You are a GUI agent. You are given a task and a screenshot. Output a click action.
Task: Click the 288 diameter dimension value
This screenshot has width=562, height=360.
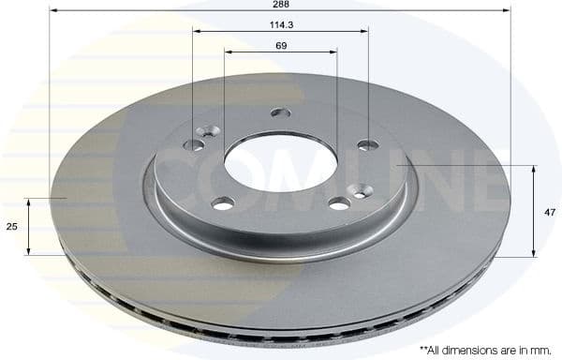(280, 5)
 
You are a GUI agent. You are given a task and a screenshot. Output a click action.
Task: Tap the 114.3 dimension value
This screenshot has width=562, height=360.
(280, 23)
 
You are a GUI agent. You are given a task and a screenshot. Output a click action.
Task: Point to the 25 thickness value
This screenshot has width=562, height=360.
(11, 227)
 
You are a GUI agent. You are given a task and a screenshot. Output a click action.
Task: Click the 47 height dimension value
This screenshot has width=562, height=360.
(550, 212)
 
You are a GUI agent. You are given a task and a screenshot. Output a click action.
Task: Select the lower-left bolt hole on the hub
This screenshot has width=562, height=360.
(223, 203)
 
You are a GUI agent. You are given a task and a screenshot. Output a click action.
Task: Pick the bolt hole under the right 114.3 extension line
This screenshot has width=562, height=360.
(368, 145)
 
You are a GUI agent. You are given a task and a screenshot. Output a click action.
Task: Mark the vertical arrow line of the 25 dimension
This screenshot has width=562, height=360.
(29, 227)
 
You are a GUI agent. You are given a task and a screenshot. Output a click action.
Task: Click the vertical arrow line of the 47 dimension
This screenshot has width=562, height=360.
(534, 212)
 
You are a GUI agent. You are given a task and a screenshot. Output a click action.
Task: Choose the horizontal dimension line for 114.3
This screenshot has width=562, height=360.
(280, 32)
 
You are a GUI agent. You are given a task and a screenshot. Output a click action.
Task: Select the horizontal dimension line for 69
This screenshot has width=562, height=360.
(280, 52)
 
